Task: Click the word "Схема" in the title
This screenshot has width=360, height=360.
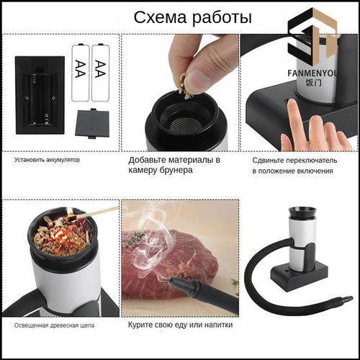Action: (160, 17)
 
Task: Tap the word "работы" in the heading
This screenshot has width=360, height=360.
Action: (222, 18)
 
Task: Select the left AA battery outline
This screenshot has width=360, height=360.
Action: (81, 72)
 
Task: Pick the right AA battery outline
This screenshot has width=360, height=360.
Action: (101, 72)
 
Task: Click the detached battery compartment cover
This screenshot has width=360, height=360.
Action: (92, 123)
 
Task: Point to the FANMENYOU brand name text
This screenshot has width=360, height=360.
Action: (312, 73)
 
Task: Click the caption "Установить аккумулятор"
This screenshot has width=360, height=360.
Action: (47, 160)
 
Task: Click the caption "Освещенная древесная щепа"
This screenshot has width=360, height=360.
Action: (54, 325)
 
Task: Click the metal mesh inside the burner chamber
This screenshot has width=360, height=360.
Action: (186, 125)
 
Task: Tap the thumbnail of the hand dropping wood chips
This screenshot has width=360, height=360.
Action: (180, 92)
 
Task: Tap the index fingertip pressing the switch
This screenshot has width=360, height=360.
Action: (292, 103)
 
